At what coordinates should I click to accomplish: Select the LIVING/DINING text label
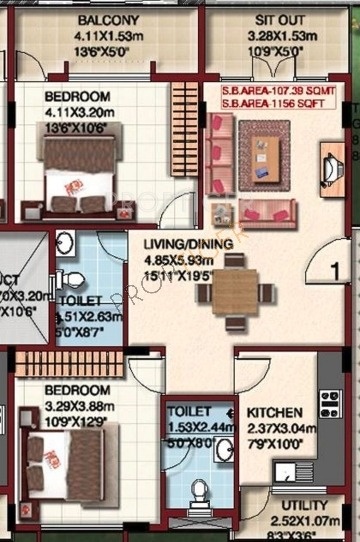[x=188, y=243]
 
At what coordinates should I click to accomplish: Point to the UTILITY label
[x=304, y=506]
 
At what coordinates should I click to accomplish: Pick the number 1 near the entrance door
[x=336, y=270]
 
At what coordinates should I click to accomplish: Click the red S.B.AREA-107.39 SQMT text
[x=280, y=91]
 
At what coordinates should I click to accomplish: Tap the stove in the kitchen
[x=328, y=403]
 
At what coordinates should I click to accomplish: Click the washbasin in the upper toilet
[x=65, y=243]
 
